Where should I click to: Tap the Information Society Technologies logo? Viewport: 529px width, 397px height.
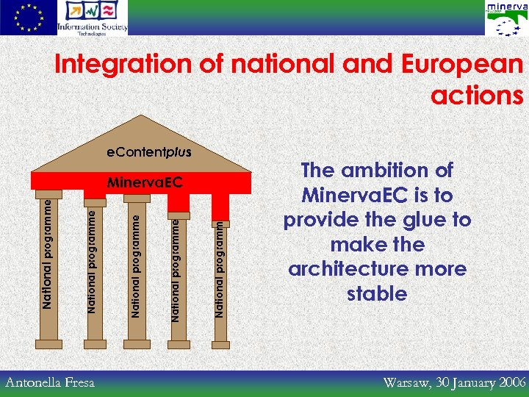point(93,18)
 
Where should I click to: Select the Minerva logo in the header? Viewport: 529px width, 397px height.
point(506,18)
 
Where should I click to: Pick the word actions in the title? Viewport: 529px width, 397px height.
point(477,96)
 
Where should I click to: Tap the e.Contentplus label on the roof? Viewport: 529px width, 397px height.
point(149,153)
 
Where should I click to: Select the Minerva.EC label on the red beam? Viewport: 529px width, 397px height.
point(145,181)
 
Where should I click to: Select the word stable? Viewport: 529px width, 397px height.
point(376,294)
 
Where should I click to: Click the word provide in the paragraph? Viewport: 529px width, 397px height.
point(320,220)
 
